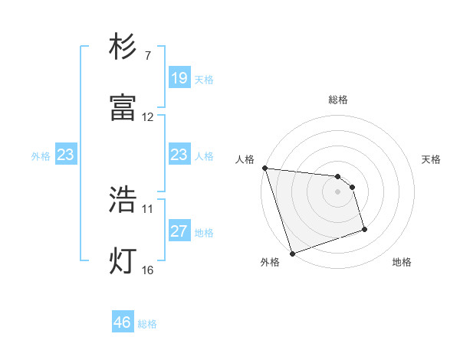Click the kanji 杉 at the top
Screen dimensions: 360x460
click(123, 48)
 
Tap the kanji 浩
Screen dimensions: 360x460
click(123, 201)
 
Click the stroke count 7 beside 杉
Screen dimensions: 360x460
click(147, 56)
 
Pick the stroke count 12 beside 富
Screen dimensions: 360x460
click(148, 117)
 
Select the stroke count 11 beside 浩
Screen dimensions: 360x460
click(148, 208)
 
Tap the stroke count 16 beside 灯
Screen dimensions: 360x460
click(148, 269)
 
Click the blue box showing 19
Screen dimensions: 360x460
click(179, 78)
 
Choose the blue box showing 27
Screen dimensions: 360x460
click(179, 231)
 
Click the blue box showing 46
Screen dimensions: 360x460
click(123, 322)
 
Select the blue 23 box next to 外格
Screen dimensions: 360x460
click(65, 155)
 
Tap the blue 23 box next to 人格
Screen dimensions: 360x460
click(179, 155)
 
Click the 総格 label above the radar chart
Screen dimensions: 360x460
click(337, 100)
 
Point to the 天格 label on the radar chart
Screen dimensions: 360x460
click(431, 159)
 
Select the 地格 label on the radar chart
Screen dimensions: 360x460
click(402, 263)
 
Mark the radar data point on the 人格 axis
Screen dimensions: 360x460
click(264, 168)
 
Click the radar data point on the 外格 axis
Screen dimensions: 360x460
click(292, 253)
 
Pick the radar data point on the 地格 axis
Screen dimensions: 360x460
click(364, 229)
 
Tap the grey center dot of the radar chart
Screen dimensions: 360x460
click(337, 191)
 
